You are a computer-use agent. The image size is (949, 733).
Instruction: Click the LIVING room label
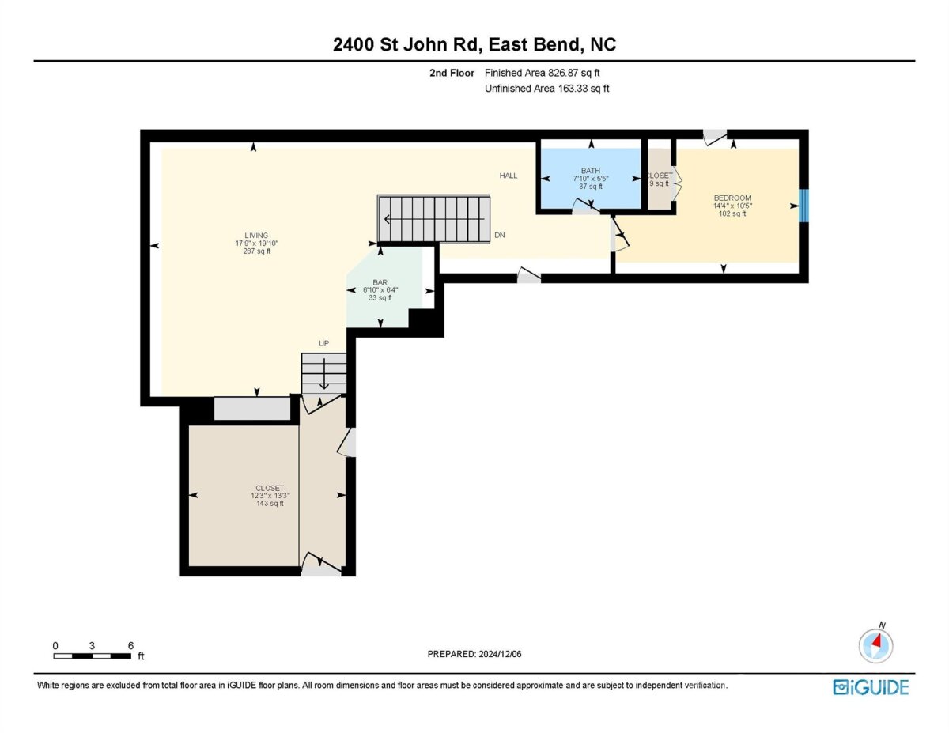[256, 236]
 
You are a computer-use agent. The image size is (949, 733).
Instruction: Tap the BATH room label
[591, 171]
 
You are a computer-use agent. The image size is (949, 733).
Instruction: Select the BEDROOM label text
[732, 198]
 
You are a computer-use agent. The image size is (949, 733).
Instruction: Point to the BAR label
[380, 282]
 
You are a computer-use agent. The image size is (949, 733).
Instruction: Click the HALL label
[509, 176]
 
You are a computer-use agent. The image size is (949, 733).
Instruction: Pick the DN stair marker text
[500, 235]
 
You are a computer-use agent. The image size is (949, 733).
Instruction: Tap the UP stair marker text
[323, 343]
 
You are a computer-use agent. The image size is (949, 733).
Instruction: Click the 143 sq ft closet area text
[270, 504]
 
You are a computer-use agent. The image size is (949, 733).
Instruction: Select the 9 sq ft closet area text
[659, 183]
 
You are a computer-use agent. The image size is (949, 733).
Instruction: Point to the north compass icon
[875, 645]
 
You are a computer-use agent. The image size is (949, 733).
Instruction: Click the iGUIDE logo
[871, 687]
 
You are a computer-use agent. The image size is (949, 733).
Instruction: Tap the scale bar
[93, 656]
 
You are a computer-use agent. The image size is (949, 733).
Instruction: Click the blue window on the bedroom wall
[803, 206]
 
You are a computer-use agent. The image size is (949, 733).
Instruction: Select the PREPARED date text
[475, 654]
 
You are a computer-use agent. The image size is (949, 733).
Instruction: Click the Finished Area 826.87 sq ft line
[542, 73]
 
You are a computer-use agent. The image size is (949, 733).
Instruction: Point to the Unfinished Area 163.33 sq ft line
[546, 89]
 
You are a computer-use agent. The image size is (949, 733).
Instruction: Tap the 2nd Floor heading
[452, 73]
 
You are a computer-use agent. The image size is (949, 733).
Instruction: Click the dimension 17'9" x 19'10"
[257, 244]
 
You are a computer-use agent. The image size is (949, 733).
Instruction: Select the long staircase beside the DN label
[433, 218]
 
